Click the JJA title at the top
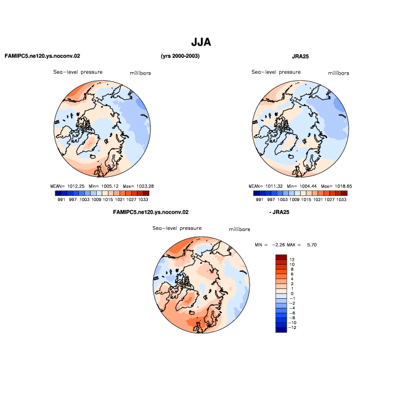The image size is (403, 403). click(x=201, y=42)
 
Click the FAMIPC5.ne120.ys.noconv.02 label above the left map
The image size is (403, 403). click(x=43, y=56)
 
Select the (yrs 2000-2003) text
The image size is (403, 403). click(x=180, y=56)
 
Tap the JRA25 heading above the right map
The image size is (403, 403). click(x=300, y=56)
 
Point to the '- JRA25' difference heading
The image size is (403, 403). click(x=279, y=212)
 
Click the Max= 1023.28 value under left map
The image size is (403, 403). click(x=138, y=186)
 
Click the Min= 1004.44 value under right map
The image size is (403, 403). click(x=302, y=186)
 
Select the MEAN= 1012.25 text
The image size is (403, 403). click(x=67, y=186)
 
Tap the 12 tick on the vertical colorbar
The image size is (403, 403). click(x=292, y=259)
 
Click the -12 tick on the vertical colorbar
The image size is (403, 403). click(x=292, y=328)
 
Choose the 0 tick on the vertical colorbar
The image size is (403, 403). click(x=292, y=293)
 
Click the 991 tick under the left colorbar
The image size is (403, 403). click(x=61, y=200)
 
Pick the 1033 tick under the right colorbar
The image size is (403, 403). click(x=341, y=200)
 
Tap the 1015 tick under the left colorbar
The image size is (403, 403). click(x=108, y=200)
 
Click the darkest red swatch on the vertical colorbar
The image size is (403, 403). click(x=281, y=258)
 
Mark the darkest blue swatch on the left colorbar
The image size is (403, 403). click(x=58, y=193)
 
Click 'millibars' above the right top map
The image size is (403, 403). click(x=338, y=73)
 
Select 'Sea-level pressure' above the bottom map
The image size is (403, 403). click(x=177, y=228)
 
